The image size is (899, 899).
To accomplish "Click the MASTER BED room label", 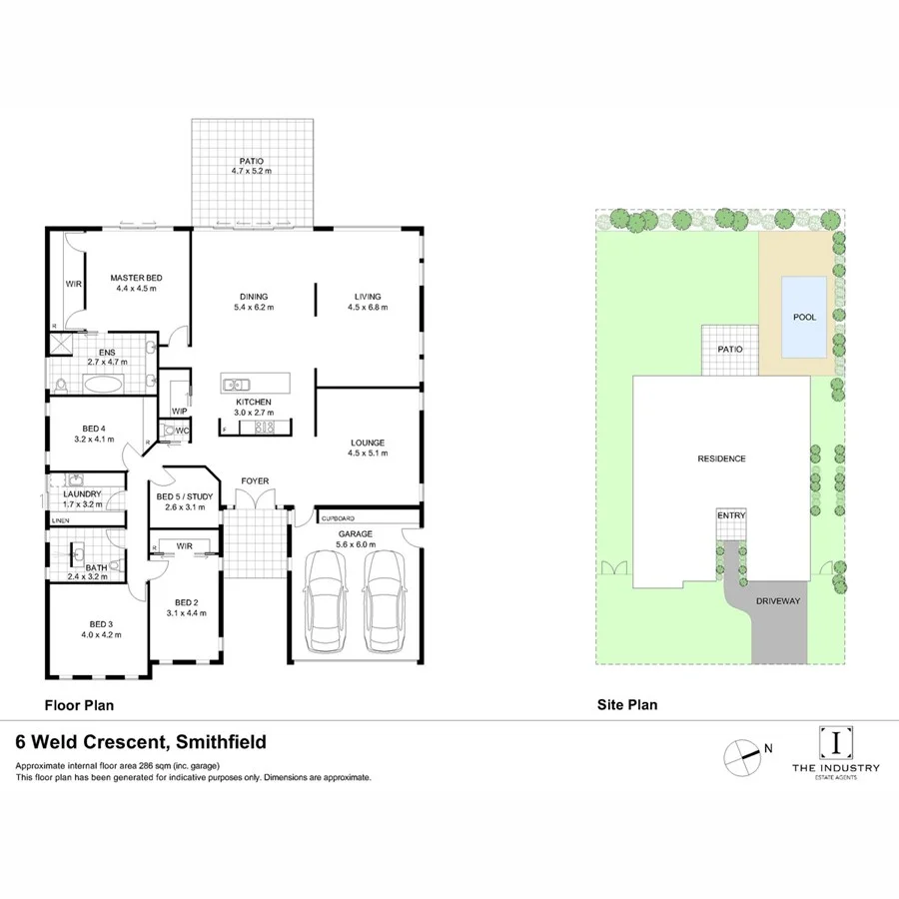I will [x=136, y=278].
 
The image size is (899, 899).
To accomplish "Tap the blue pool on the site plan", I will [x=804, y=317].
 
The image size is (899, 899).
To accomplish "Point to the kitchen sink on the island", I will [x=236, y=384].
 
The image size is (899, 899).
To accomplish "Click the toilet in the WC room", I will [x=167, y=432].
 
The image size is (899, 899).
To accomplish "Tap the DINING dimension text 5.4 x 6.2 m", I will [x=254, y=308].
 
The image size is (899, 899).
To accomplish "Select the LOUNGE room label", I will [x=367, y=443].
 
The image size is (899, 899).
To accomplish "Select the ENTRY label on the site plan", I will [x=730, y=515].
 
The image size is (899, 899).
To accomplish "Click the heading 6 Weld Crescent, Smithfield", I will [x=140, y=742].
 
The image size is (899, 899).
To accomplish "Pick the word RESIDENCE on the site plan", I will [x=721, y=458].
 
